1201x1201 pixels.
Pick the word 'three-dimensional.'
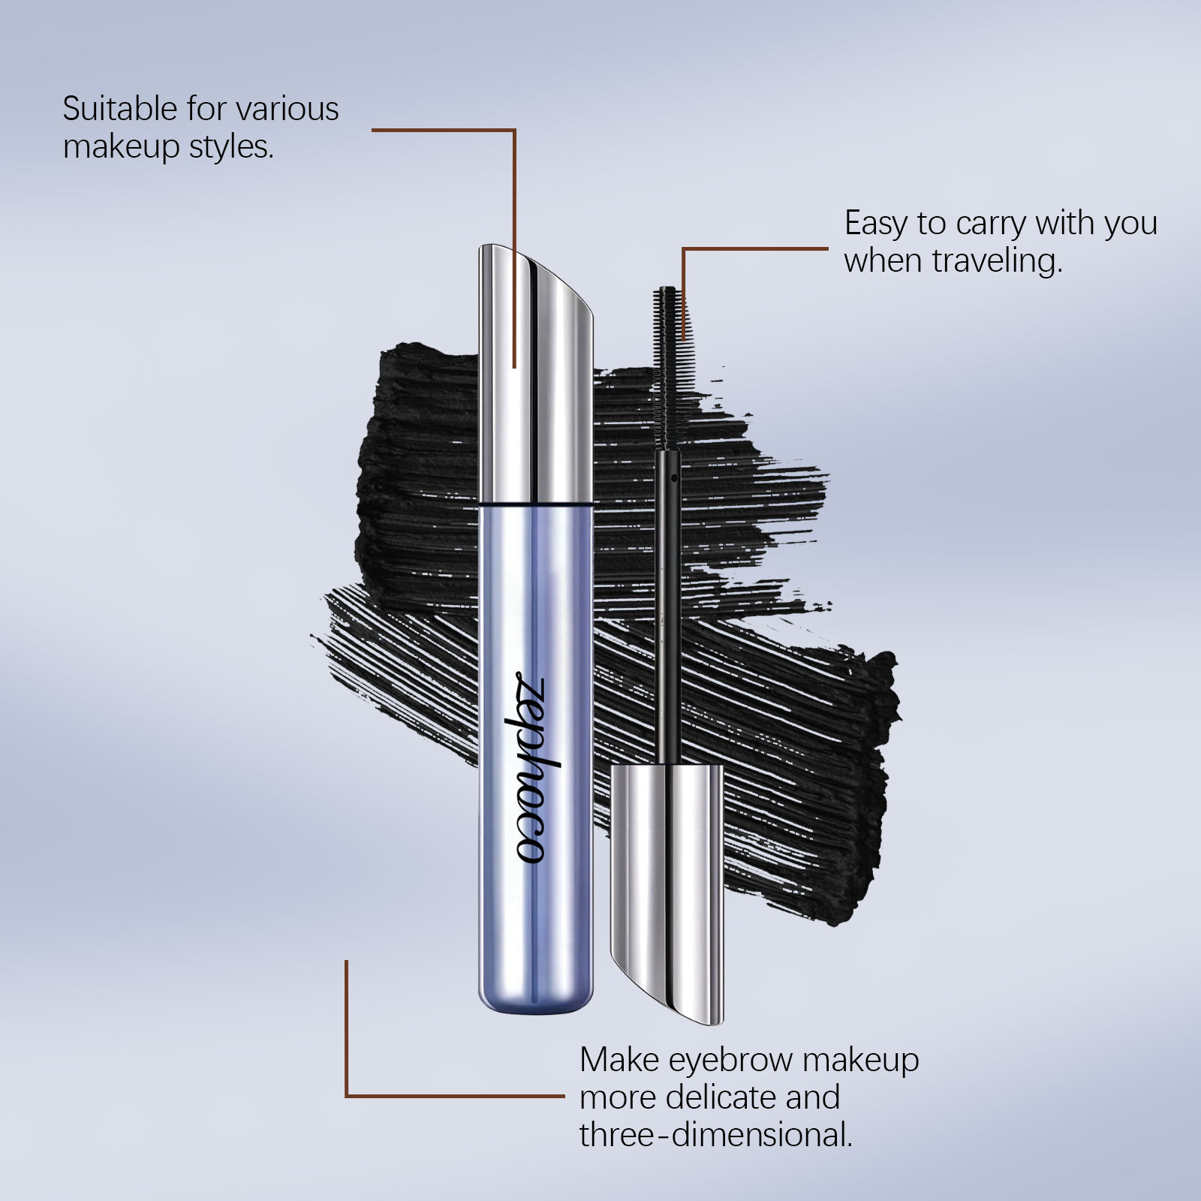click(715, 1135)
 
